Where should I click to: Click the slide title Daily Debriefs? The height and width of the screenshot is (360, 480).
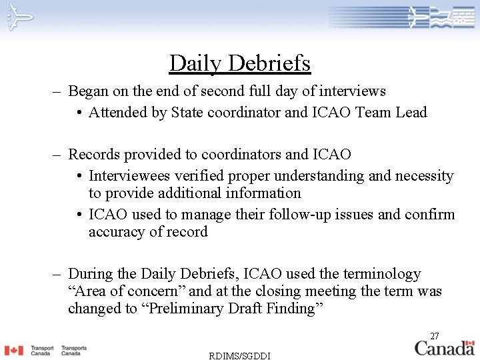[x=240, y=63]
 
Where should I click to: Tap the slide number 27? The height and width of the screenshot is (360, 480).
[x=434, y=336]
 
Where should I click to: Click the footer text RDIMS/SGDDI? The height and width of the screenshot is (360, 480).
[x=240, y=355]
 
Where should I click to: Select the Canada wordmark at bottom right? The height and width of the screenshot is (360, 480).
[x=445, y=347]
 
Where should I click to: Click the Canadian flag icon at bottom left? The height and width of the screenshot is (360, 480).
[x=13, y=350]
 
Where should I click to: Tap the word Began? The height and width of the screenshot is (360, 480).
[x=89, y=91]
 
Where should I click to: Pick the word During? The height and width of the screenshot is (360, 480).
[x=90, y=274]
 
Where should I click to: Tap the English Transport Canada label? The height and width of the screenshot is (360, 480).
[x=41, y=351]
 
